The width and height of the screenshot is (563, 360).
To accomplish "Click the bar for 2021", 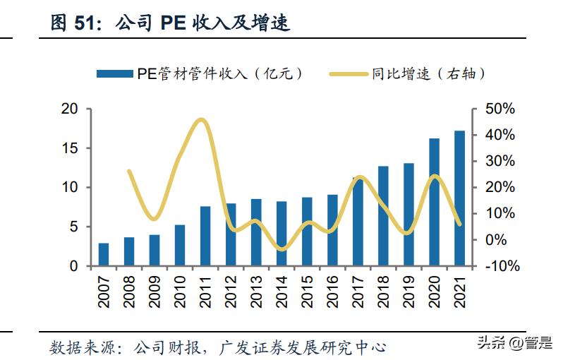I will coord(460,198).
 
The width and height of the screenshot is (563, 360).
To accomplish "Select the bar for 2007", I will coord(104,254).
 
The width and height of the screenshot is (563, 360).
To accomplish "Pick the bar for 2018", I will coord(383,216).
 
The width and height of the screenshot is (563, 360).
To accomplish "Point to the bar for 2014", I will coord(281,234).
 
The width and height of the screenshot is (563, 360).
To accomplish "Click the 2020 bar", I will coord(435,202).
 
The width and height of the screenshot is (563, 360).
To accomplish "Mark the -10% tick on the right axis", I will coord(502,267).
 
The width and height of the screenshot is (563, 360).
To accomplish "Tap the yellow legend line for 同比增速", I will coord(349,73).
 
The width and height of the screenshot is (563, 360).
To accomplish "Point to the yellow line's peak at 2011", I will coord(202,119).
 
